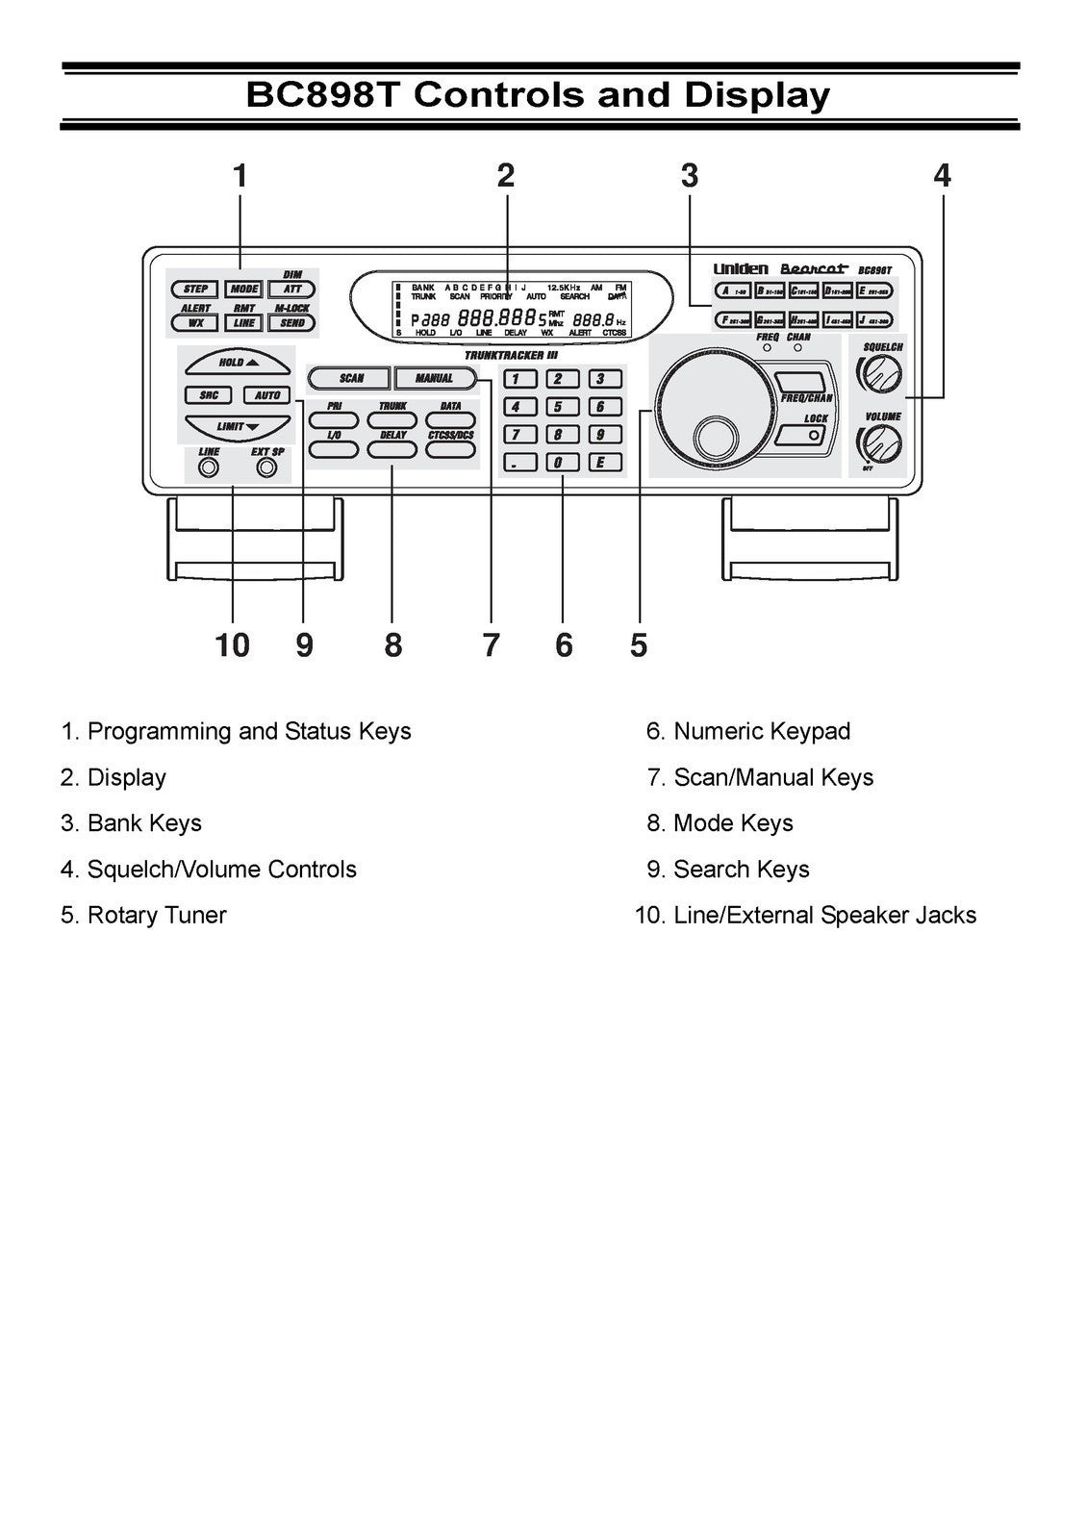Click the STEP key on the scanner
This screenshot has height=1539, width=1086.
coord(195,289)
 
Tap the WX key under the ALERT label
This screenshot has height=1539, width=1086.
coord(195,323)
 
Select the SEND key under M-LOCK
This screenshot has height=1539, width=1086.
coord(291,323)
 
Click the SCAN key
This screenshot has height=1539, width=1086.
coord(350,378)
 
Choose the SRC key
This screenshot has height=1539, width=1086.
coord(208,395)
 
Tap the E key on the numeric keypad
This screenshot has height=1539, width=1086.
coord(600,463)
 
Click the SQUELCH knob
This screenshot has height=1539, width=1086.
coord(882,373)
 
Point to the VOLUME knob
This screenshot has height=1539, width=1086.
coord(881,443)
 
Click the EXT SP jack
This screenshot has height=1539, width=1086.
coord(267,467)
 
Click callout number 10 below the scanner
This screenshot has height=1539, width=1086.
coord(232,645)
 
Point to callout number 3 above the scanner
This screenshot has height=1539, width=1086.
coord(689,176)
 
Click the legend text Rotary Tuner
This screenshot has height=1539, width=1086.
coord(157,915)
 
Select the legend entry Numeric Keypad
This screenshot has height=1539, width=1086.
coord(761,731)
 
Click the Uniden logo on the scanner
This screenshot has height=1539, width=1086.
coord(740,269)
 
